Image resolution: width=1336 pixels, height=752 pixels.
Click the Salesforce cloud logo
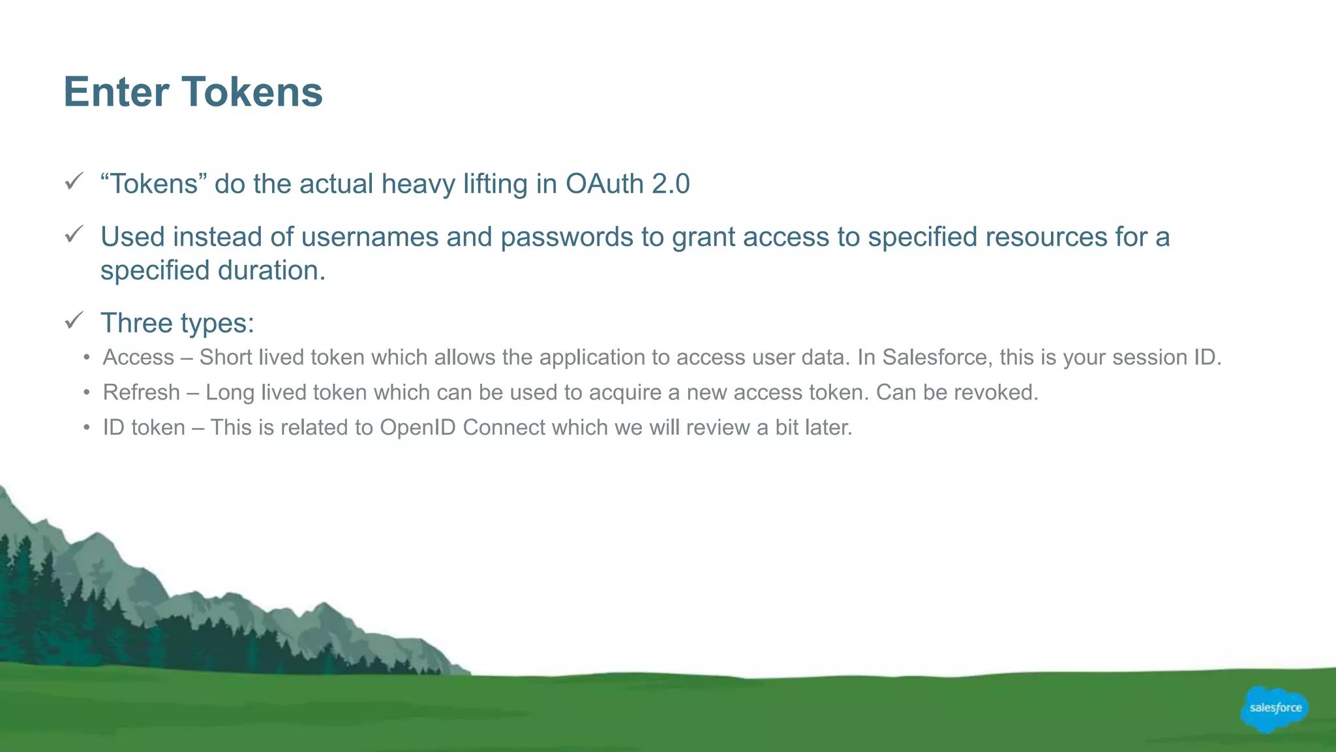[x=1275, y=708]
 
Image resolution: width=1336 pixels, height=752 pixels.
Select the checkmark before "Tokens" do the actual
[x=74, y=181]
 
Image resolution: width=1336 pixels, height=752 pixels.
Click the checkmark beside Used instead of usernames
[x=74, y=234]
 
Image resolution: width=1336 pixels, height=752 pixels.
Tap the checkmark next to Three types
[x=74, y=320]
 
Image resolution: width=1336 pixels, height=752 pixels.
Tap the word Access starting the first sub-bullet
[x=138, y=358]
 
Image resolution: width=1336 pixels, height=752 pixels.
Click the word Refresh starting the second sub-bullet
[x=142, y=392]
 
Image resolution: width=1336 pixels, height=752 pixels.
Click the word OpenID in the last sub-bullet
[x=417, y=428]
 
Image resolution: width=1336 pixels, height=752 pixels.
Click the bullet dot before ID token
[x=87, y=428]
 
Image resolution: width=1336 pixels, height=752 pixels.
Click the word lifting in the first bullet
[x=495, y=184]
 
